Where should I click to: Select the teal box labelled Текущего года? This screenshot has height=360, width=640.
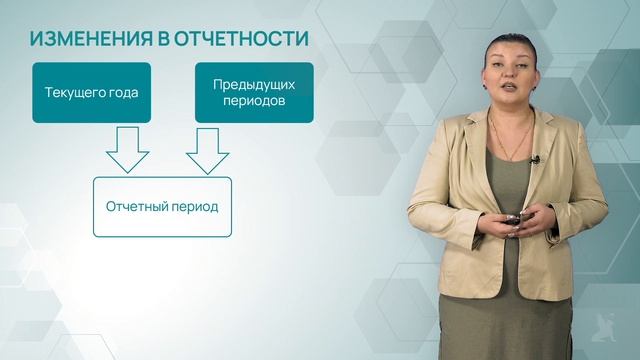[x=91, y=93]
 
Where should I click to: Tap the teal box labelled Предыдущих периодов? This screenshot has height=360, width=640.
[x=254, y=93]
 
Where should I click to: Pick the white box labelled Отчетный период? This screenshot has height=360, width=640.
[x=162, y=207]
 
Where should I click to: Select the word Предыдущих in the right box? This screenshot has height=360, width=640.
[x=254, y=85]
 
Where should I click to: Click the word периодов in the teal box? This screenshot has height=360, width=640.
[x=254, y=101]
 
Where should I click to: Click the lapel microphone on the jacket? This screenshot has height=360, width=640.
[x=536, y=159]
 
